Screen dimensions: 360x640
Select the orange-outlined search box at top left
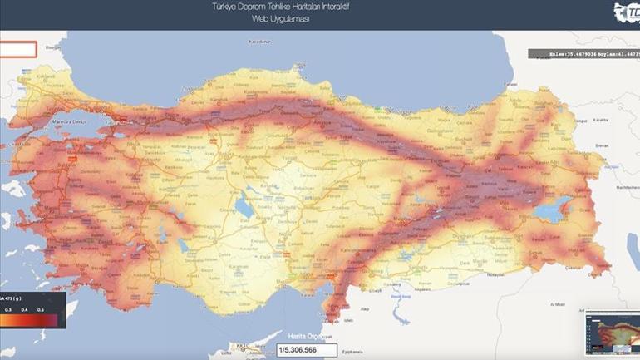(x=17, y=49)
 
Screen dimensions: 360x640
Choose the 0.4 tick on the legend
(x=27, y=309)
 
